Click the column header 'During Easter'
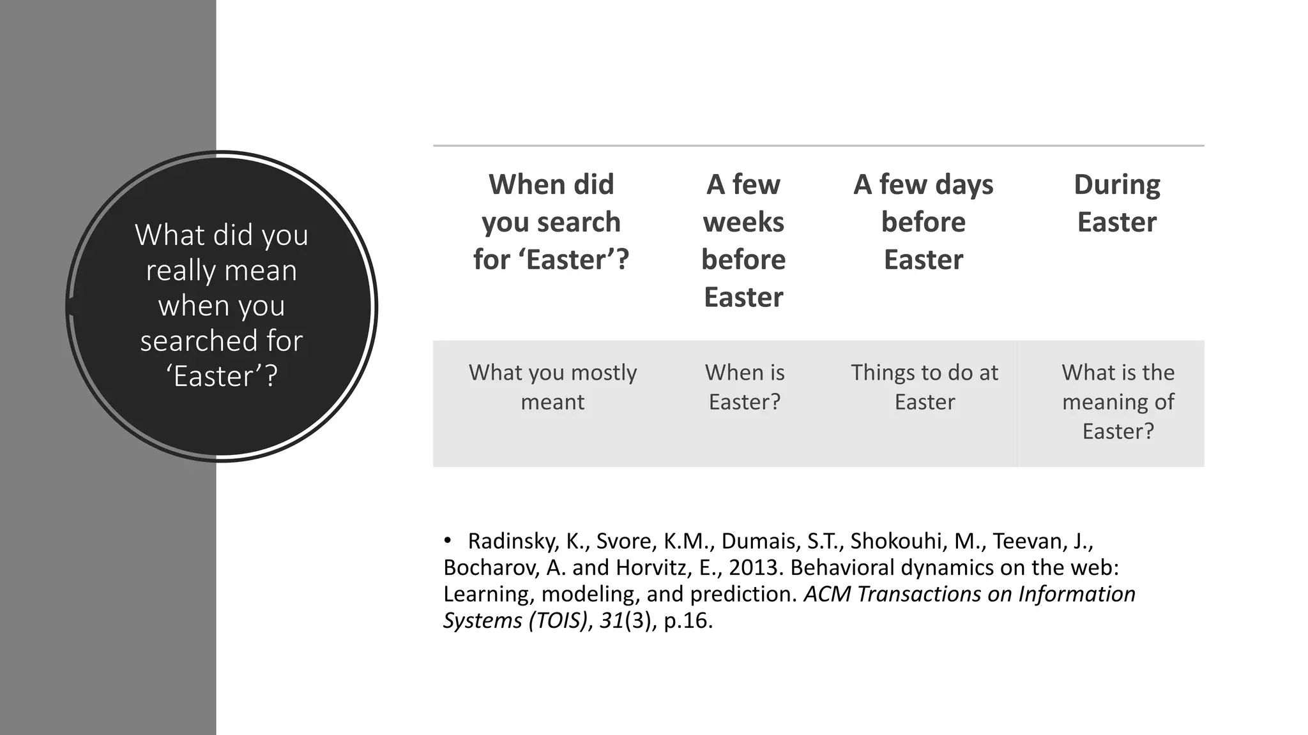[x=1116, y=203]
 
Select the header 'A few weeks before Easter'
[x=743, y=241]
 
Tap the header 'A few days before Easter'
[x=924, y=221]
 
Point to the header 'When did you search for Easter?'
[x=551, y=221]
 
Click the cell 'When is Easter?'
[x=745, y=387]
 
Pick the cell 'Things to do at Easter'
[x=924, y=387]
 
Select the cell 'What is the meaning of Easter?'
[x=1118, y=401]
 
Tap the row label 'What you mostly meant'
[x=552, y=387]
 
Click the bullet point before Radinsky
[x=448, y=541]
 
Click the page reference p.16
[x=688, y=620]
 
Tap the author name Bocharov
[x=489, y=567]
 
